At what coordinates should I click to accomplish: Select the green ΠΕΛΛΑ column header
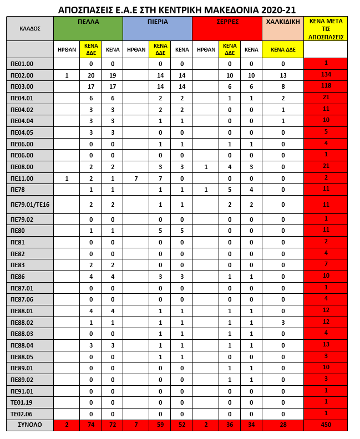pyautogui.click(x=88, y=22)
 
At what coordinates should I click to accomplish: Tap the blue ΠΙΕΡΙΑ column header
pyautogui.click(x=158, y=22)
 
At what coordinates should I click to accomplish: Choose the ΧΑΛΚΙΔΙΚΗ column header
pyautogui.click(x=283, y=22)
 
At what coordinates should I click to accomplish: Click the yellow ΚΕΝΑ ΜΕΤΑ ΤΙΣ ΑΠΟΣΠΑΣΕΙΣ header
pyautogui.click(x=326, y=29)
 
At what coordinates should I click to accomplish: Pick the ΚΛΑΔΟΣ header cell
pyautogui.click(x=30, y=28)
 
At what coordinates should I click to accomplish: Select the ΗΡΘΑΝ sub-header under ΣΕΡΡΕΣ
pyautogui.click(x=205, y=49)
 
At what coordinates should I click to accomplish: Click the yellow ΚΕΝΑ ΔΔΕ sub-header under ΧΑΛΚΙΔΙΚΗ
pyautogui.click(x=283, y=49)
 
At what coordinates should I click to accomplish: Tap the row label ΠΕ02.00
pyautogui.click(x=23, y=75)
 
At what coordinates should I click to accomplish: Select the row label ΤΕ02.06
pyautogui.click(x=23, y=414)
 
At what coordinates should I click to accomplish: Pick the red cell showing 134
pyautogui.click(x=326, y=75)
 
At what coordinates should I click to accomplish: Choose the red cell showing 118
pyautogui.click(x=326, y=86)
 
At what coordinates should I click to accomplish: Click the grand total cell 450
pyautogui.click(x=326, y=425)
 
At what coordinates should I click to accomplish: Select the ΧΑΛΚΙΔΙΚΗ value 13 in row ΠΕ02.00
pyautogui.click(x=283, y=75)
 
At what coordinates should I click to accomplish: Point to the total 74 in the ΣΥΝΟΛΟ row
pyautogui.click(x=90, y=425)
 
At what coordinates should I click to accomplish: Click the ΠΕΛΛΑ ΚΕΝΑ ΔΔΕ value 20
pyautogui.click(x=90, y=75)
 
